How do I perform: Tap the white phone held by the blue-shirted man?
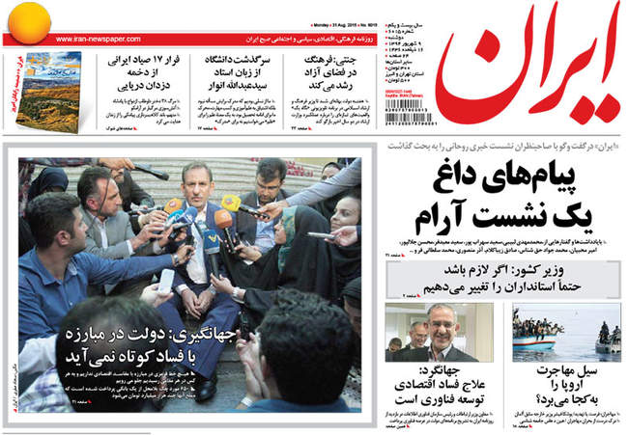166,281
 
